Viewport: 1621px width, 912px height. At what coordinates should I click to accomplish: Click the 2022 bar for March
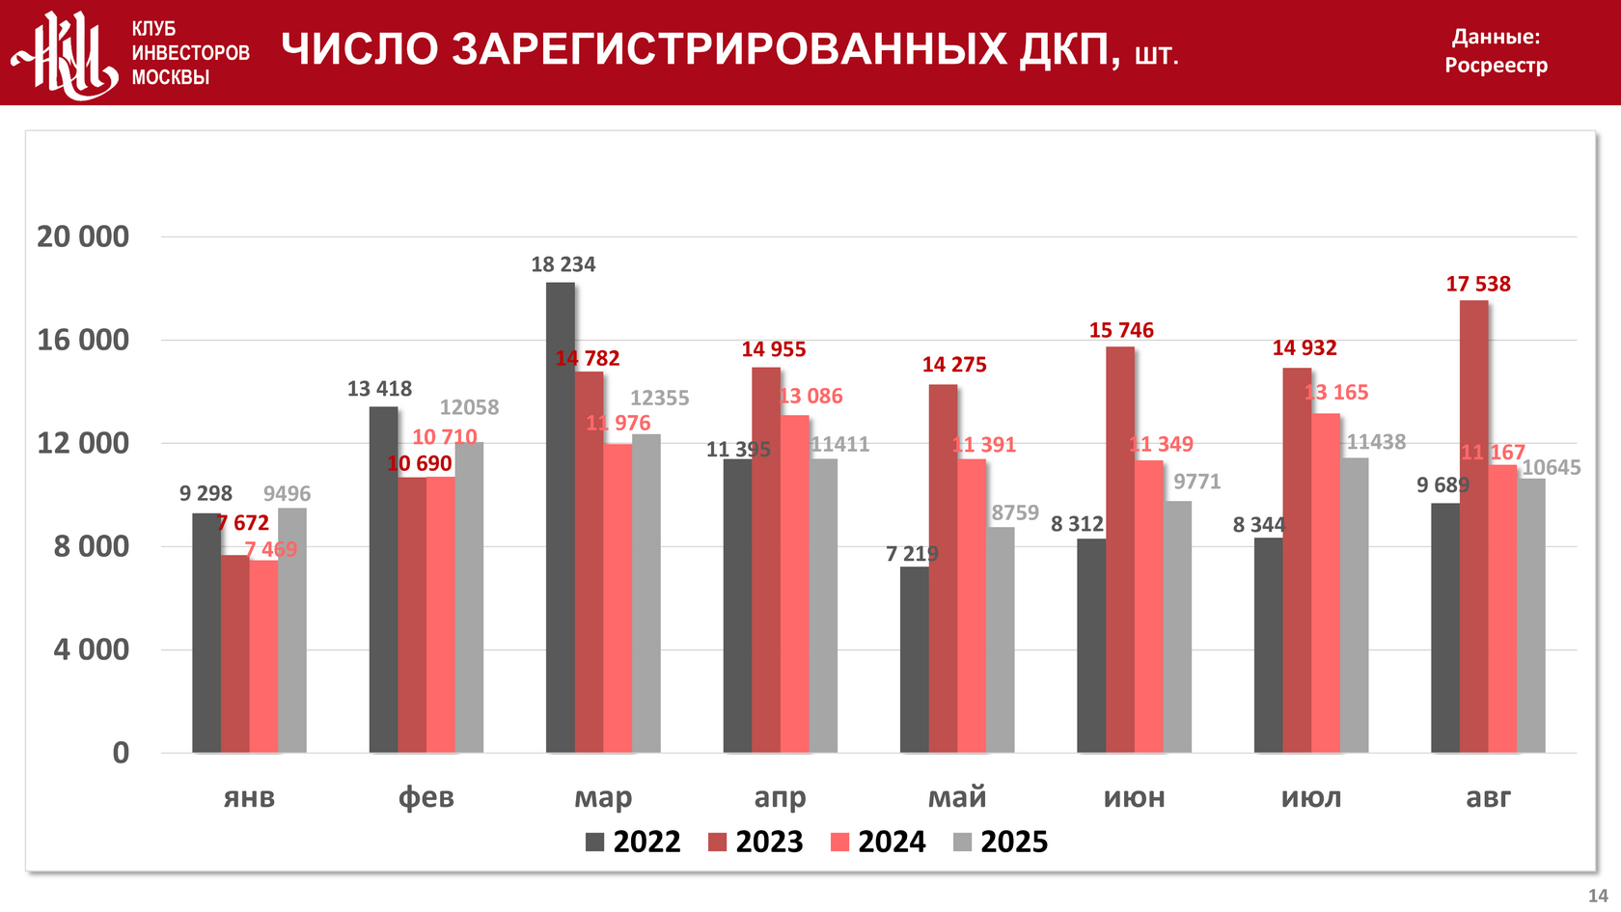(x=561, y=517)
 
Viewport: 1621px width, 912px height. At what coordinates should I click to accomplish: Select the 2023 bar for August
(x=1473, y=526)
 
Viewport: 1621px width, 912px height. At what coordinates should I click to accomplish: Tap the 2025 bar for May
(x=1001, y=639)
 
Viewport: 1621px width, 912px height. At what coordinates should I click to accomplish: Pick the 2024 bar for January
(x=263, y=655)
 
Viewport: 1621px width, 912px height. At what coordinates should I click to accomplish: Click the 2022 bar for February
(x=383, y=579)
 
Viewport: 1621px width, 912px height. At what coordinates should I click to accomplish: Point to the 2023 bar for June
(x=1120, y=549)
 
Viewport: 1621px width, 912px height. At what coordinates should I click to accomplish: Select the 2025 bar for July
(x=1355, y=605)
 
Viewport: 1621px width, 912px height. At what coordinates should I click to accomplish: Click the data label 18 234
(x=563, y=264)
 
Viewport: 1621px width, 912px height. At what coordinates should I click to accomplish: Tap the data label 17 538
(x=1478, y=284)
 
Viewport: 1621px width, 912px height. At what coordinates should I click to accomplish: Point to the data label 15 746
(x=1121, y=330)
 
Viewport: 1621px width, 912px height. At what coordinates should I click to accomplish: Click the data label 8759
(x=1015, y=512)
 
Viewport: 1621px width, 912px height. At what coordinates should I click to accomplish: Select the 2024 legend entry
(x=878, y=842)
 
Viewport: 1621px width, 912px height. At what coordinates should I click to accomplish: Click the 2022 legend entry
(x=633, y=842)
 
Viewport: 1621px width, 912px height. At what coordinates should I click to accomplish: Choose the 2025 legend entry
(x=1001, y=842)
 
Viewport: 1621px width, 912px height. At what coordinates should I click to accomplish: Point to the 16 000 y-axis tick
(x=83, y=340)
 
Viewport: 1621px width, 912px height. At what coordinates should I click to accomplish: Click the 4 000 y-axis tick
(x=92, y=649)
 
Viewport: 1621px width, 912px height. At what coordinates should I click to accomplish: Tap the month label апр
(x=780, y=797)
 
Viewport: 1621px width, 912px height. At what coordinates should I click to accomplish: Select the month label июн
(x=1135, y=797)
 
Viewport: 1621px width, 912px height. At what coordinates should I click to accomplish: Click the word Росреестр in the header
(x=1496, y=66)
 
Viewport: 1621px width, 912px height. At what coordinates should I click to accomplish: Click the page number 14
(x=1598, y=896)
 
